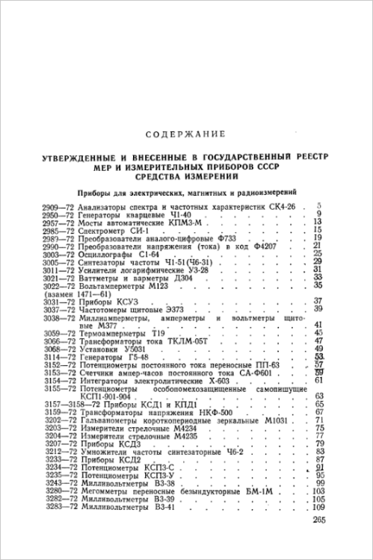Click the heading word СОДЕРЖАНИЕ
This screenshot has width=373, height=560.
[186, 134]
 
